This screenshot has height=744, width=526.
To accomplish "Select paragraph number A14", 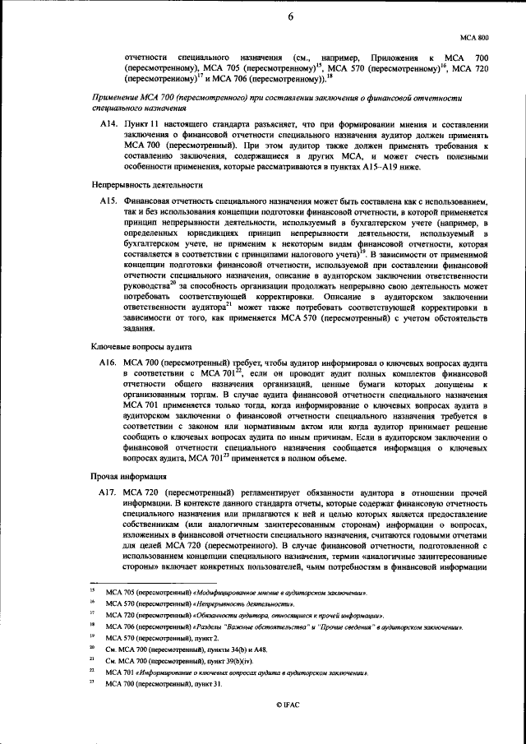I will point(108,123).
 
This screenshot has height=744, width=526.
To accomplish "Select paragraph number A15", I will point(108,200).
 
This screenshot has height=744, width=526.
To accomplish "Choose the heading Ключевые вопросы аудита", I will point(141,346).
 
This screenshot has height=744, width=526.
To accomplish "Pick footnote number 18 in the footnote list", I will point(93,626).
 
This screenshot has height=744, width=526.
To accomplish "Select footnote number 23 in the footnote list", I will point(93,684).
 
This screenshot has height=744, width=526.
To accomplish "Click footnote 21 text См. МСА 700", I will point(131,661).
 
